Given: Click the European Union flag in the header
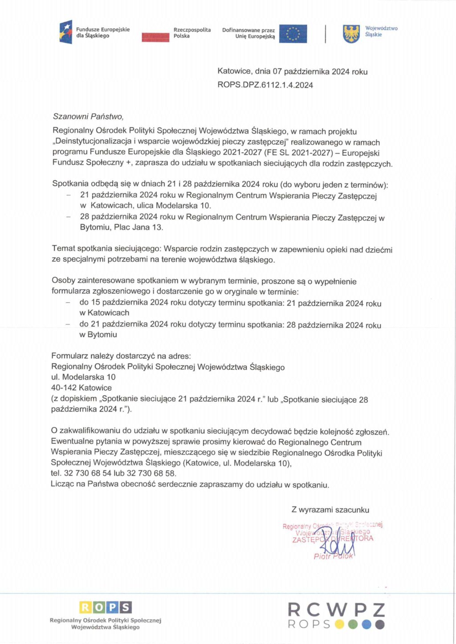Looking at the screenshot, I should [293, 34].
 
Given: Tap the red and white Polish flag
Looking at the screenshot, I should [155, 37].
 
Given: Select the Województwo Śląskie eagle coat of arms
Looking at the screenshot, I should [351, 34].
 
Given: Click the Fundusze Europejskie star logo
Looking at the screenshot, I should [66, 32].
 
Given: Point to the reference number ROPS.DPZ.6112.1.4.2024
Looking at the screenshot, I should [265, 85].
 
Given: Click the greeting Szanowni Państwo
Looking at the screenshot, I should [88, 117].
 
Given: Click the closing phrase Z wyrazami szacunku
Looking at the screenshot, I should [330, 510].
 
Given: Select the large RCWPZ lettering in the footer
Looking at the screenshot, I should [336, 609].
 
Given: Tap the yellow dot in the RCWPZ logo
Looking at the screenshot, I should [340, 624].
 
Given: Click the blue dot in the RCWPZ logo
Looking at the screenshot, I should [366, 624].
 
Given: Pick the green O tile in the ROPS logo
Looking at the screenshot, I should [99, 607].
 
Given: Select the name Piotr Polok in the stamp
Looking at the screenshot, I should [333, 556].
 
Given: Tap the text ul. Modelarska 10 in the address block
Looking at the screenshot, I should [83, 377].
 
